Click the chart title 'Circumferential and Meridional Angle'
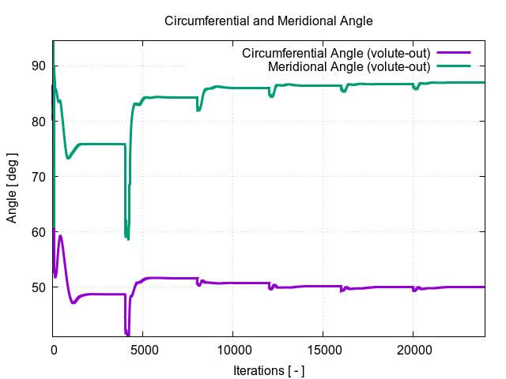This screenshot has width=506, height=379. tap(268, 21)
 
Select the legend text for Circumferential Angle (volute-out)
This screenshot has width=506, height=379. tap(336, 54)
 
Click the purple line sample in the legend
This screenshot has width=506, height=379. tap(453, 54)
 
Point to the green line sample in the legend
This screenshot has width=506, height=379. tap(453, 65)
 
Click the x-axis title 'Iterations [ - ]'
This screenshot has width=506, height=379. tap(268, 370)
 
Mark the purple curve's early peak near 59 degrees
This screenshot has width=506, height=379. tap(60, 236)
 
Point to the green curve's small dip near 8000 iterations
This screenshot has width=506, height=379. tap(198, 110)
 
